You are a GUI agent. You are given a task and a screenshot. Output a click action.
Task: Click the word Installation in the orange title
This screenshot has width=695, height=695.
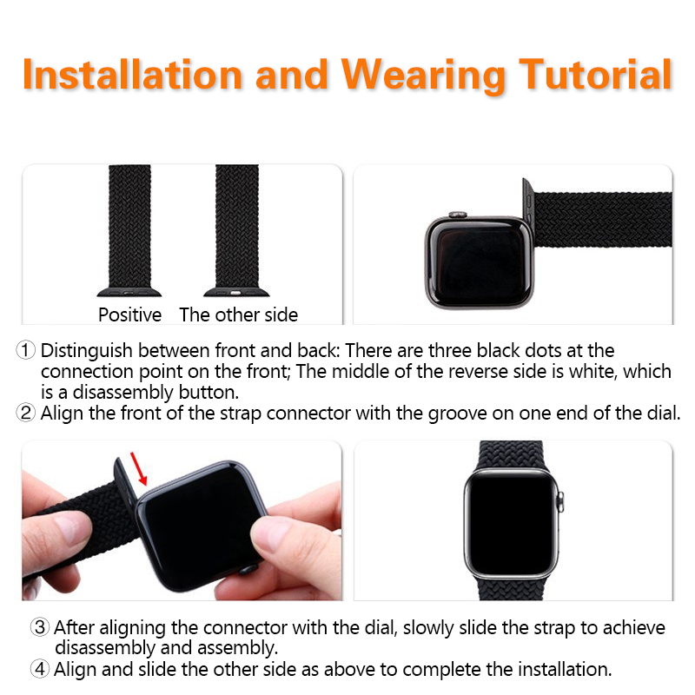click(x=133, y=75)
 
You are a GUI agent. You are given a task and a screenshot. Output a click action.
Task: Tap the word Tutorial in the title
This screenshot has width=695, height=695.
click(x=595, y=75)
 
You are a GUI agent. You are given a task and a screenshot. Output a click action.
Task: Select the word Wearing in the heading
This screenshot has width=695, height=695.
click(x=423, y=76)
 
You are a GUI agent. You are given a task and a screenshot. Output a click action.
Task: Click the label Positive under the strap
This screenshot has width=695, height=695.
click(x=129, y=314)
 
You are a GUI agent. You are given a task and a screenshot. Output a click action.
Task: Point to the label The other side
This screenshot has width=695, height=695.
click(x=238, y=314)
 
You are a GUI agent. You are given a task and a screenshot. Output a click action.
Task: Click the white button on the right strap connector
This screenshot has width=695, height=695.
click(x=235, y=293)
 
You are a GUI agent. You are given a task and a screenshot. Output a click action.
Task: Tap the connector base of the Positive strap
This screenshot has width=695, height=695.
click(x=129, y=292)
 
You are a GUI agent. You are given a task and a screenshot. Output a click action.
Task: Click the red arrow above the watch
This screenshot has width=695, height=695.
click(x=139, y=468)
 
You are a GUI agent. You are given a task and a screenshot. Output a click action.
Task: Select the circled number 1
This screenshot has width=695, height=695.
click(x=26, y=350)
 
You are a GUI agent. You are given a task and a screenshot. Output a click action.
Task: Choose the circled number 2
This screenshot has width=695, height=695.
click(x=26, y=413)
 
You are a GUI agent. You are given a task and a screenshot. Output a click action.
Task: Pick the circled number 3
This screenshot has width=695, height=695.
click(x=39, y=627)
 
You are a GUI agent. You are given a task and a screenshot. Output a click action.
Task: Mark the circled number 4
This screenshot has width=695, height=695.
click(x=39, y=668)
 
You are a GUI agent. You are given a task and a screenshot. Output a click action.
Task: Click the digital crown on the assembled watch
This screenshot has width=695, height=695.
click(x=559, y=502)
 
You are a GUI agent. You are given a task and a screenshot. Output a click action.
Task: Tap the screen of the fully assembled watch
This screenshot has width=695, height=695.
click(x=511, y=523)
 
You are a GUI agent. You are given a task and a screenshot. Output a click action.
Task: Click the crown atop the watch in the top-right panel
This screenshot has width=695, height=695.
click(x=458, y=215)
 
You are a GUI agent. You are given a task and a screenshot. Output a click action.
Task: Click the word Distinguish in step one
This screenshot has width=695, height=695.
click(x=86, y=351)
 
